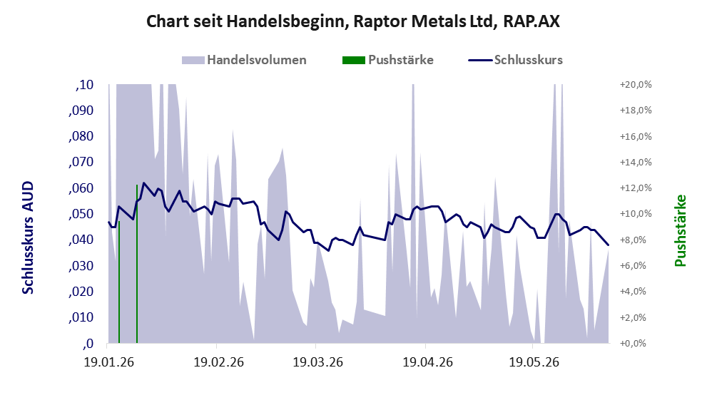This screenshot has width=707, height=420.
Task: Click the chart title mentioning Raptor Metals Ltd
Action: (353, 21)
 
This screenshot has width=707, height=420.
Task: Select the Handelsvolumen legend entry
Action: (244, 60)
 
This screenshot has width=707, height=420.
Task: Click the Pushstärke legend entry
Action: (388, 60)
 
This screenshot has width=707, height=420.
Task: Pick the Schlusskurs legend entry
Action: (515, 60)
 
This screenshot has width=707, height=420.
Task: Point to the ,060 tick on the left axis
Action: (81, 188)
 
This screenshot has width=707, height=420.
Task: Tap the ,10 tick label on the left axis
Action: (84, 85)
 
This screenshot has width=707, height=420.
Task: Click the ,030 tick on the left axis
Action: (81, 266)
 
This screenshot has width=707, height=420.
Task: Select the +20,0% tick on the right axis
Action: (636, 85)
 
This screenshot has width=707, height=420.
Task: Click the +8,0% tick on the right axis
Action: (638, 240)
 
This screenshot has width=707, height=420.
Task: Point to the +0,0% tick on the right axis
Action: (638, 344)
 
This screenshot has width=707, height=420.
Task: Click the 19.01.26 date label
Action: (108, 362)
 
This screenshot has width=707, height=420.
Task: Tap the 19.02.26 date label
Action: (219, 362)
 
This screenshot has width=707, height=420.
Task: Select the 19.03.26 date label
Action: (318, 362)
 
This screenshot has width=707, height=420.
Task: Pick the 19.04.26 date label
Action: (428, 362)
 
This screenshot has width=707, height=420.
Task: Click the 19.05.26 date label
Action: (534, 362)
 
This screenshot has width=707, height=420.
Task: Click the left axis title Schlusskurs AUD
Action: (28, 237)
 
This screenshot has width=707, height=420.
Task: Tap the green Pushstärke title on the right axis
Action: (681, 230)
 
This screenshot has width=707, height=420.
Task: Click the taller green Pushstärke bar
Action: (137, 264)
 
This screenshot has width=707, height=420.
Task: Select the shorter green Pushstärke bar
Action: (119, 282)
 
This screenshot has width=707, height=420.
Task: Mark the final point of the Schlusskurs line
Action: (609, 245)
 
